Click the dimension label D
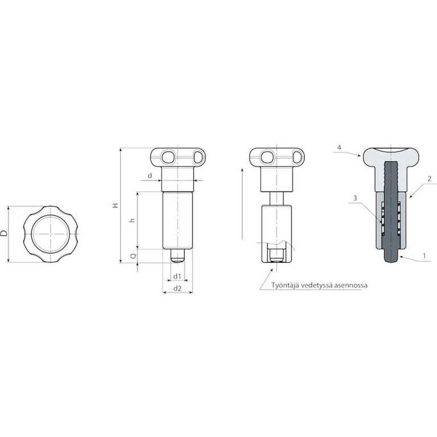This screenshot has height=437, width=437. tap(4, 233)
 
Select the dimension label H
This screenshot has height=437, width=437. tap(115, 205)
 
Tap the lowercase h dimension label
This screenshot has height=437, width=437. tap(133, 220)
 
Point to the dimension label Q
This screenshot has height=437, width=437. tap(133, 255)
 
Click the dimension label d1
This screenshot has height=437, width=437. tap(178, 276)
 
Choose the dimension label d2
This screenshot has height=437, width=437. tap(178, 288)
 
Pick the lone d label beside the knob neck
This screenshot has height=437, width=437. tap(150, 176)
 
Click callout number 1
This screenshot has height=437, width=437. tap(424, 255)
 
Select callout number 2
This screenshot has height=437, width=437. tap(430, 179)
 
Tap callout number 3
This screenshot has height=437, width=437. tap(355, 198)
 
